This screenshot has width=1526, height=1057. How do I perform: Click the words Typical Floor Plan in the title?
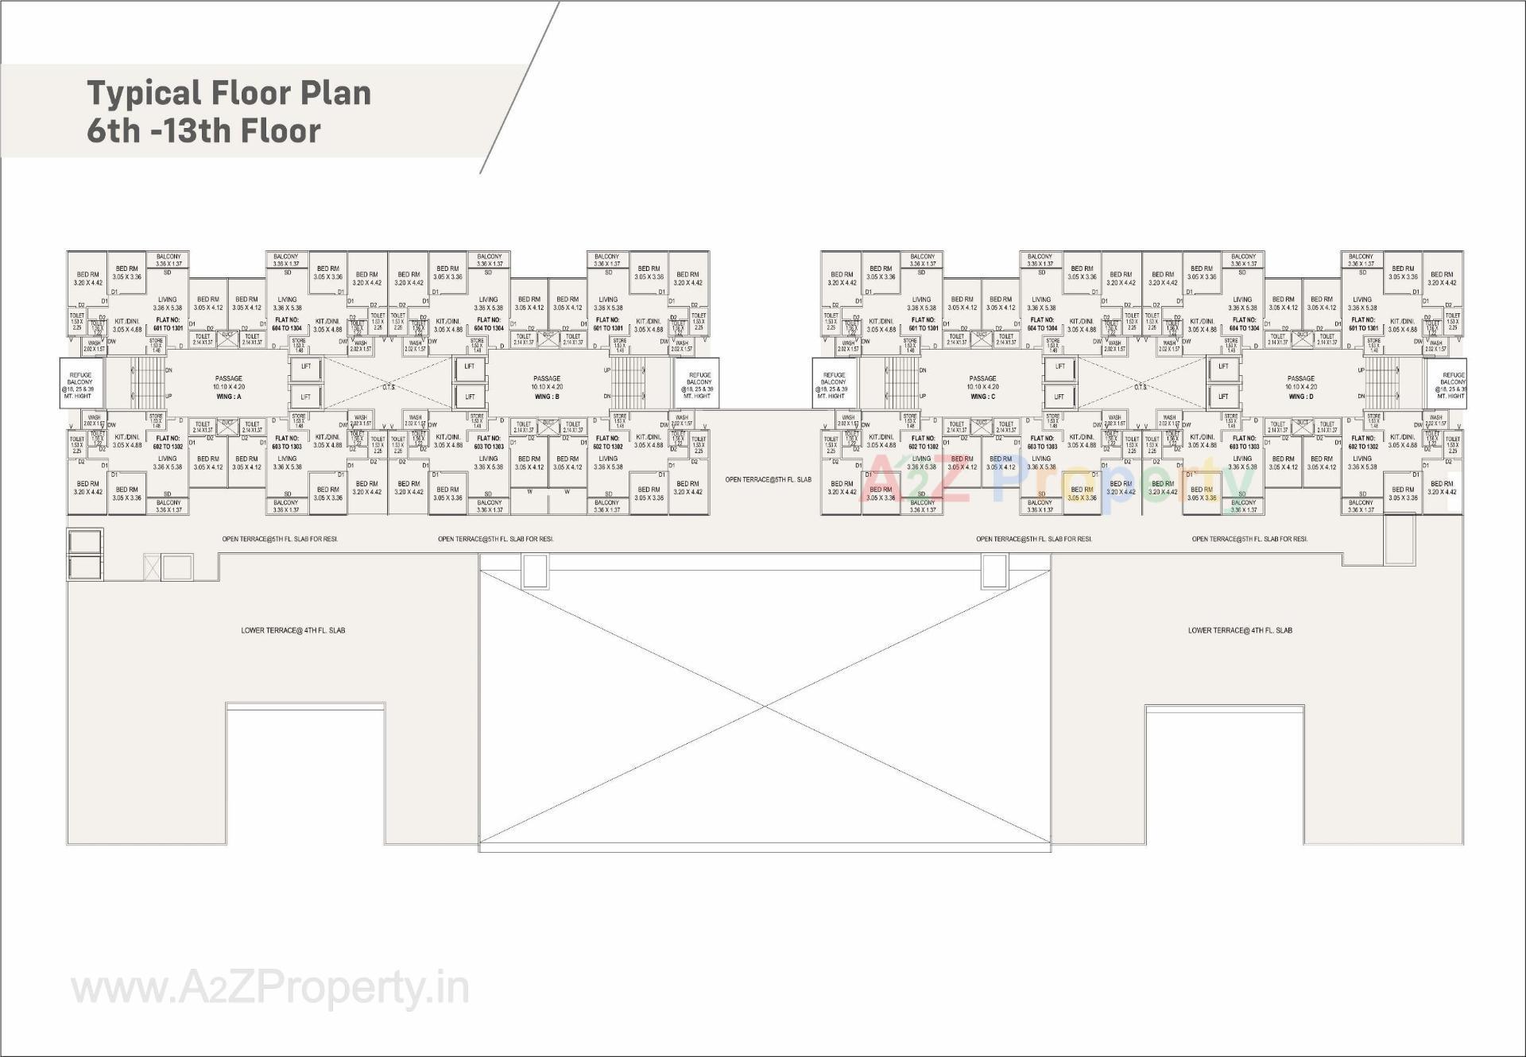click(229, 93)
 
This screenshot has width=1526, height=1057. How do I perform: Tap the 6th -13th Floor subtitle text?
click(203, 131)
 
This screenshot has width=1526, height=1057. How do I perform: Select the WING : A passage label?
click(228, 397)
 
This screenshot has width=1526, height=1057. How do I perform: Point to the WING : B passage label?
click(547, 397)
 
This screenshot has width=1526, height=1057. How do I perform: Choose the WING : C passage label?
click(982, 397)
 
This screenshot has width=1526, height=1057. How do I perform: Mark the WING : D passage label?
click(1301, 397)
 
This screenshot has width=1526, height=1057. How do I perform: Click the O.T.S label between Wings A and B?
click(389, 387)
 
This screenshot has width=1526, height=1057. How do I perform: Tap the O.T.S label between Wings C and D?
click(1141, 387)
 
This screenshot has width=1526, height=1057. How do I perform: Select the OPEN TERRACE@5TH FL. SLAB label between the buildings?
click(768, 480)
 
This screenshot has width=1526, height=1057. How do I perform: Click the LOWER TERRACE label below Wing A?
click(293, 630)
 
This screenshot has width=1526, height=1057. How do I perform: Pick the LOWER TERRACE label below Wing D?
click(1240, 630)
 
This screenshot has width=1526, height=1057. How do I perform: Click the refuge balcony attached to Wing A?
click(80, 385)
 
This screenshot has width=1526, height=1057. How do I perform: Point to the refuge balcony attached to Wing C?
click(834, 385)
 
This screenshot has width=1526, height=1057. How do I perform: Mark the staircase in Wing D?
click(1383, 383)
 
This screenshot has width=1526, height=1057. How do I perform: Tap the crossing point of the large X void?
click(765, 706)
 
